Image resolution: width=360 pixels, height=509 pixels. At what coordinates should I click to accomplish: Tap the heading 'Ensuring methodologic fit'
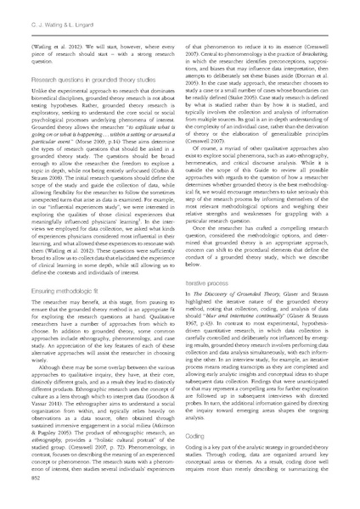click(68, 290)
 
